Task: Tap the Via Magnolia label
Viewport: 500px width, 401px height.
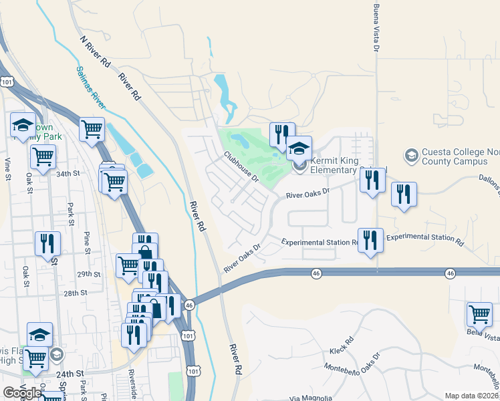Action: pyautogui.click(x=311, y=398)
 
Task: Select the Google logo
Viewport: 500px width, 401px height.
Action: pyautogui.click(x=21, y=393)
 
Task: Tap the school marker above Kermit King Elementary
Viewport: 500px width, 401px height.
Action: pyautogui.click(x=299, y=148)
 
